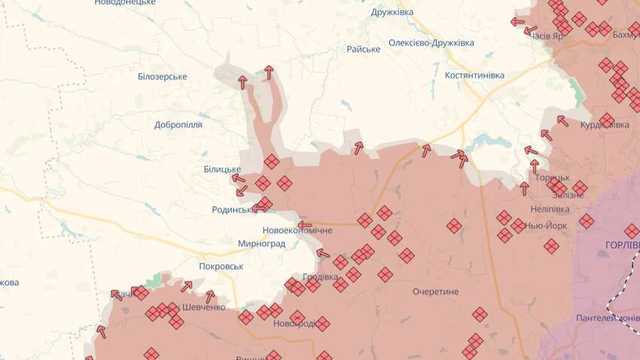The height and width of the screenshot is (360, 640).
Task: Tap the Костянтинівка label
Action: (x=474, y=75)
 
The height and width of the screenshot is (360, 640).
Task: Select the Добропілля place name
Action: (x=178, y=125)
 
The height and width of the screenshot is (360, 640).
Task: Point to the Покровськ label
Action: (x=222, y=266)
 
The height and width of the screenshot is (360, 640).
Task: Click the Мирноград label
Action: (x=262, y=244)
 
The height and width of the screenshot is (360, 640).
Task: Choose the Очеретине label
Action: (x=435, y=291)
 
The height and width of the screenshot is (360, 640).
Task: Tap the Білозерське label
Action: (x=163, y=77)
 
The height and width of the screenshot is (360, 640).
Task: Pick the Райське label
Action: (x=363, y=49)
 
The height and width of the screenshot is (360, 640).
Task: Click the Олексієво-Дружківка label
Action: (x=431, y=43)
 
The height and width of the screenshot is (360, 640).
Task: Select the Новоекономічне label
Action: (x=297, y=230)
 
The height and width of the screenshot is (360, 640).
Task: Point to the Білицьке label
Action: (x=222, y=169)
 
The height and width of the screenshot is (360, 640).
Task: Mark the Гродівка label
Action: (x=320, y=276)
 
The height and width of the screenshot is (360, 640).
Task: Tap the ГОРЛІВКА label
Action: (x=622, y=246)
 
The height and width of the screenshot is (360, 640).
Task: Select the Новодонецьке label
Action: (x=125, y=3)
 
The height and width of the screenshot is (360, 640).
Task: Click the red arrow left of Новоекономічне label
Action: (x=304, y=224)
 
